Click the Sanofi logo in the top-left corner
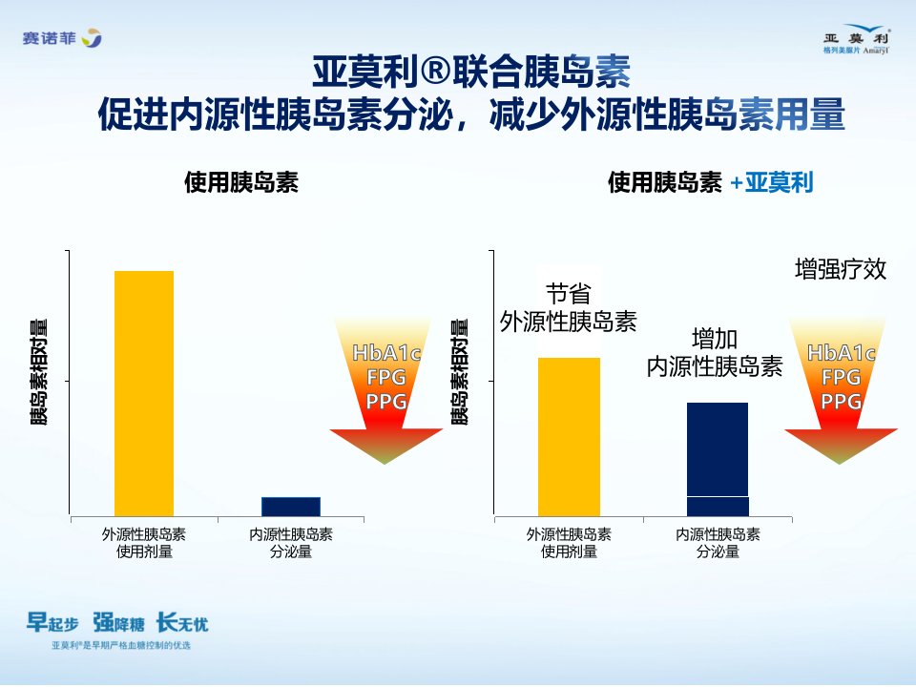pos(62,38)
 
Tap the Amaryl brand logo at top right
pos(857,39)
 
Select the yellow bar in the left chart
pos(144,393)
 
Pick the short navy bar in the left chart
pos(291,507)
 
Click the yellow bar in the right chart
pos(569,437)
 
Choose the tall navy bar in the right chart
pos(718,459)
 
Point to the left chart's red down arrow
pos(386,390)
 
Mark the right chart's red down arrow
pos(841,390)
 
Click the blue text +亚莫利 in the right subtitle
pos(772,183)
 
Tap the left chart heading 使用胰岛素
pos(241,182)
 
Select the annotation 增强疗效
pos(841,269)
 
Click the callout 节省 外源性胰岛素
pos(568,308)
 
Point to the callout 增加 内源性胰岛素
pos(715,353)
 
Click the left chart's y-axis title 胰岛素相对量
pos(38,372)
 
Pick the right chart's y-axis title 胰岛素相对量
pos(460,372)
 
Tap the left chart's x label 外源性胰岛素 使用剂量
pos(144,543)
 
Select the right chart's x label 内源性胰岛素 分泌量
pos(718,543)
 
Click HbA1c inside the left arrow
pos(386,353)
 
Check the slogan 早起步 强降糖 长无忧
pos(116,623)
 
